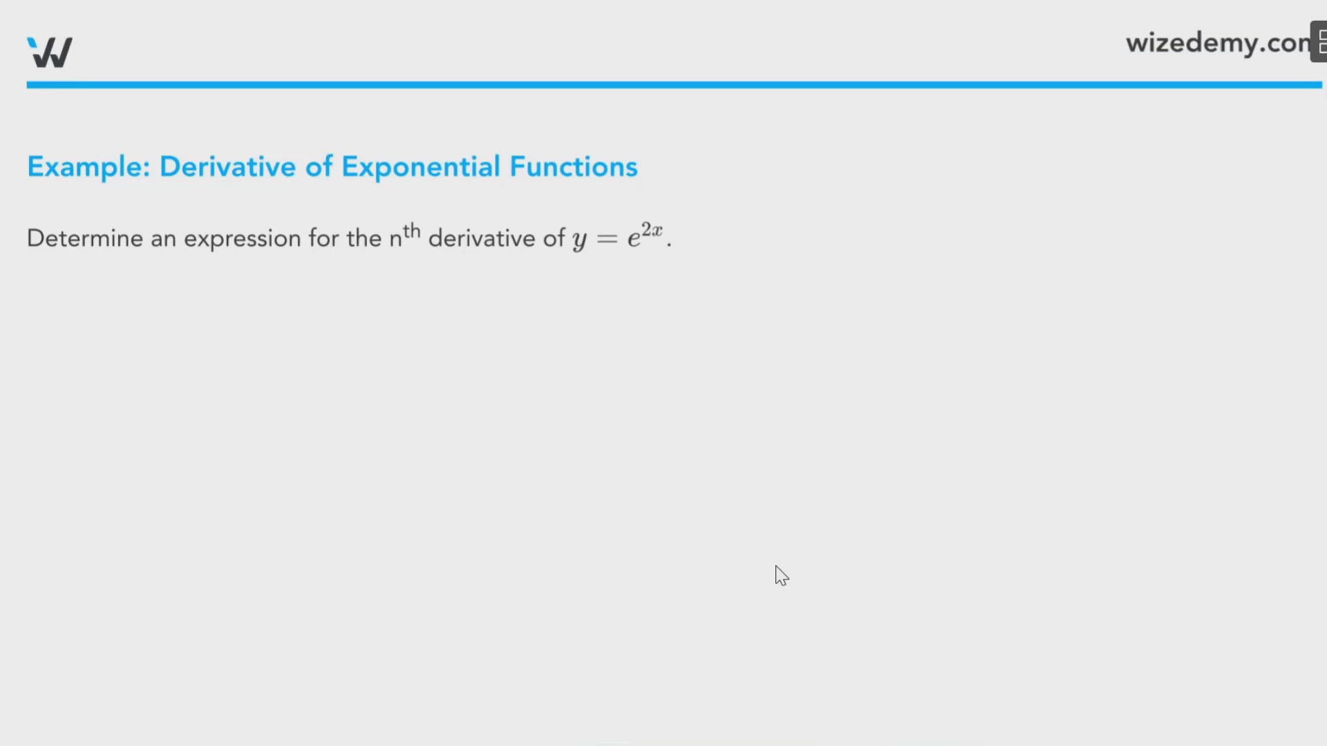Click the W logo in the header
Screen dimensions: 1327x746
50,52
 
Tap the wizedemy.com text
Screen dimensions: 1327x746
1218,44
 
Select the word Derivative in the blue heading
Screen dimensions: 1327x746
227,166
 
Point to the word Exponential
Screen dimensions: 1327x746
421,167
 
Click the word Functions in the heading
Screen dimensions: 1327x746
574,166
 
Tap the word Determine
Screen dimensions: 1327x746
85,238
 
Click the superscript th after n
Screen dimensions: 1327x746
412,230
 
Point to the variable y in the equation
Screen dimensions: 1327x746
579,240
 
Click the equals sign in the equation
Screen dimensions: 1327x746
607,239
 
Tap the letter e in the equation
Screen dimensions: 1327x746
634,239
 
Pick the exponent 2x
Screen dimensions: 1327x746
652,229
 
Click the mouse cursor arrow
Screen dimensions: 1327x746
781,575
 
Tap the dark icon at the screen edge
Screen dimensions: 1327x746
1319,41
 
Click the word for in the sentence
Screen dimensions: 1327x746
323,238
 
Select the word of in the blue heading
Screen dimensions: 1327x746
319,166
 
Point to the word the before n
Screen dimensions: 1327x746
364,238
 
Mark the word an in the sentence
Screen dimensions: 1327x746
163,239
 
